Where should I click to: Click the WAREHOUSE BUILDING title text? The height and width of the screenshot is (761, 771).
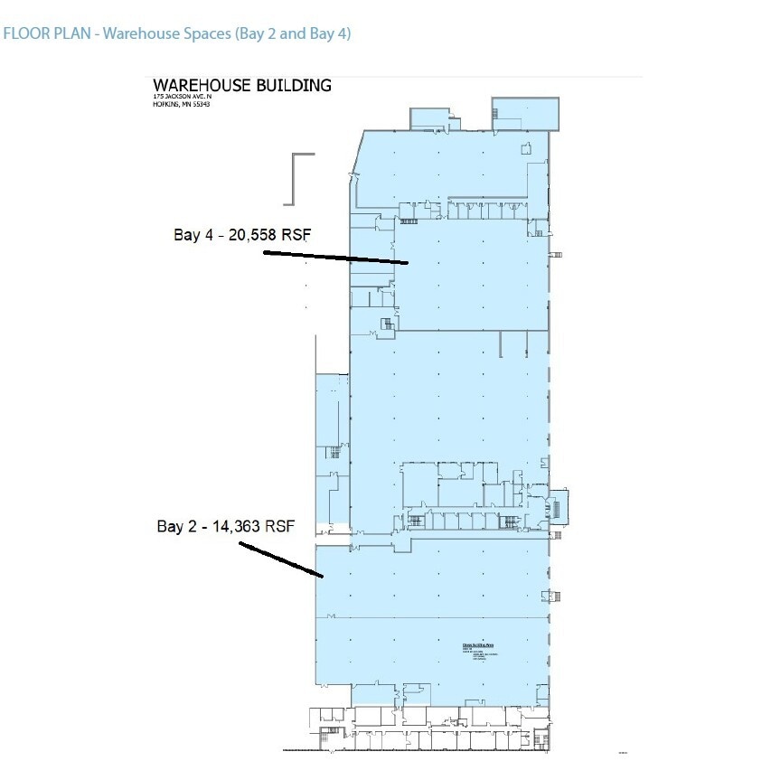tap(241, 86)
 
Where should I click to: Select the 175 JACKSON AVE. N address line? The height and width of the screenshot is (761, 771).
tap(181, 97)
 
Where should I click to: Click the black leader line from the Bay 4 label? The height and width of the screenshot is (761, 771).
tap(334, 258)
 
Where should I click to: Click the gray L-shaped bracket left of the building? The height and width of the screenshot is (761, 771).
tap(297, 177)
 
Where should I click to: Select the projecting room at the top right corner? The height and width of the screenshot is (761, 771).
tap(525, 113)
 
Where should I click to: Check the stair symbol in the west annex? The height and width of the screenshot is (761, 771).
tap(333, 453)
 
